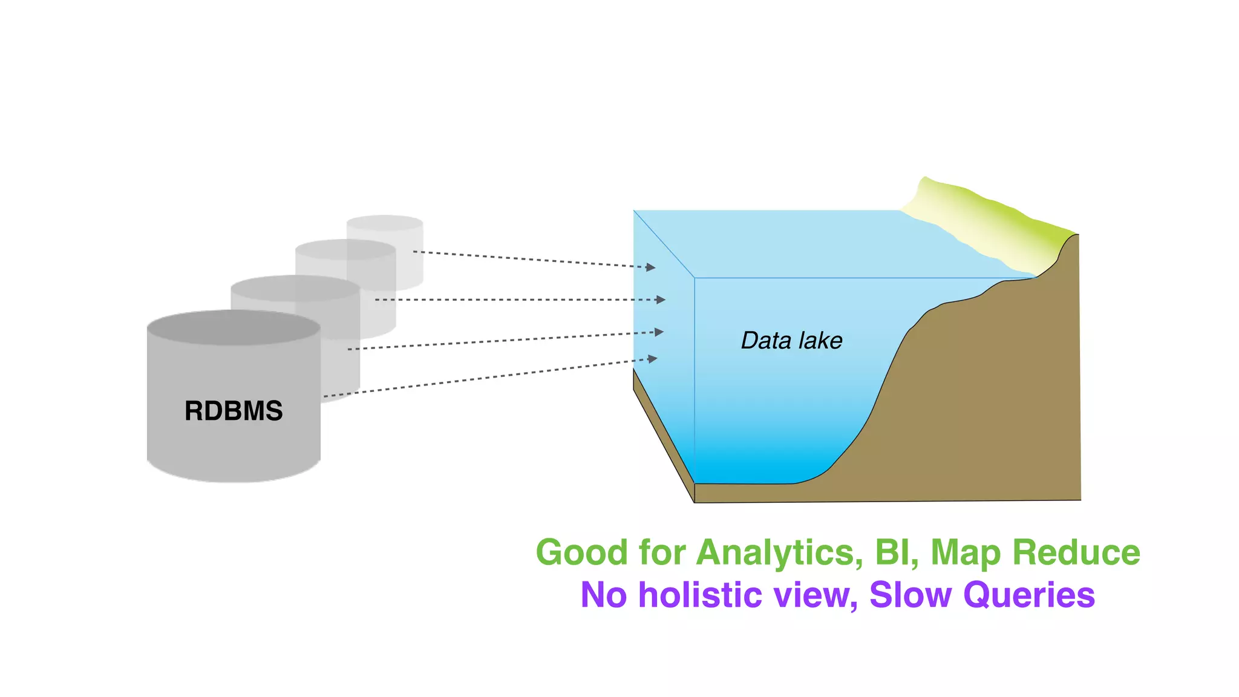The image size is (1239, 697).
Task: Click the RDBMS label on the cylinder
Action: (x=234, y=411)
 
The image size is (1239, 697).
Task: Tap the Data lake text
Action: (x=791, y=341)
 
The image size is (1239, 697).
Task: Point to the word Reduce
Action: (x=1076, y=553)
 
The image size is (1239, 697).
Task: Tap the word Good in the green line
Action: (x=581, y=553)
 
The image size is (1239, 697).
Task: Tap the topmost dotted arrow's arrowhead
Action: (x=651, y=267)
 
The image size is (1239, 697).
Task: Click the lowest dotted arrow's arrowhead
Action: (x=653, y=359)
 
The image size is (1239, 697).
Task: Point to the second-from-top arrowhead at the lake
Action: (x=661, y=299)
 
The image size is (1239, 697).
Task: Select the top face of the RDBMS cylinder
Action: (x=234, y=328)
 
